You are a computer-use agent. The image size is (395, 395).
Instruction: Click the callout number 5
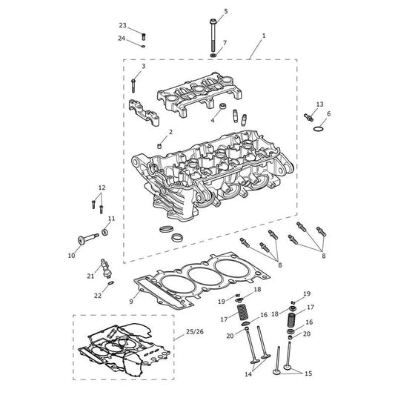point(226,11)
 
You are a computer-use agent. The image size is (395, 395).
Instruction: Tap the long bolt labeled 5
point(213,35)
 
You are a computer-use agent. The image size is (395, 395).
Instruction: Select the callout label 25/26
point(195,332)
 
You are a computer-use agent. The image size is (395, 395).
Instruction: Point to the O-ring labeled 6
point(319,129)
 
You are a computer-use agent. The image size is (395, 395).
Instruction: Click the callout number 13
point(319,104)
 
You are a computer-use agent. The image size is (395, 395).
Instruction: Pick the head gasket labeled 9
point(202,279)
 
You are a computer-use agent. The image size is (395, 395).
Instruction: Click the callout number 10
point(72,255)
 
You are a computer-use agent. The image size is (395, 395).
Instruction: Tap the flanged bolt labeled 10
point(88,239)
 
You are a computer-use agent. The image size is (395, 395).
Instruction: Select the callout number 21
point(90,276)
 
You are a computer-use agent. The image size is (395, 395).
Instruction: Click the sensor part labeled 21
point(106,268)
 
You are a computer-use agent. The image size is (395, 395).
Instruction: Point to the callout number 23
point(123,25)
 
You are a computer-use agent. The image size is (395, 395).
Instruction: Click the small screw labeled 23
point(144,37)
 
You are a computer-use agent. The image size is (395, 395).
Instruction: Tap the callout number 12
point(102,187)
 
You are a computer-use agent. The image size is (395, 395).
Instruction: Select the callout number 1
point(264,36)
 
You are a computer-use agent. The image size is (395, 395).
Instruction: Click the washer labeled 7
point(213,55)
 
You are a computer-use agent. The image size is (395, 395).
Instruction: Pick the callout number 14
point(248,374)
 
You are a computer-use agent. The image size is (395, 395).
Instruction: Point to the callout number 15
point(308,374)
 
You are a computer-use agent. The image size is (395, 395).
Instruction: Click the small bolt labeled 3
point(133,86)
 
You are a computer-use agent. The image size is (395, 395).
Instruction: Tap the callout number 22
point(98,296)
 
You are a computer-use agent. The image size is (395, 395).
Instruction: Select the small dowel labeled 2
point(159,146)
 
